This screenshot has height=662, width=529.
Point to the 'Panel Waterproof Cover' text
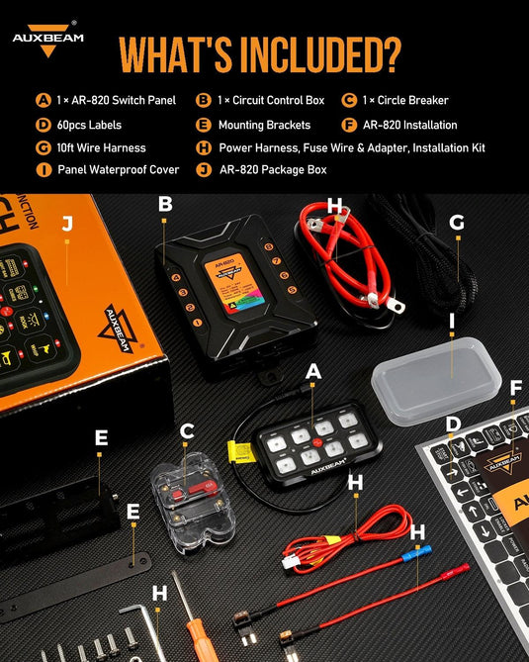point(118,170)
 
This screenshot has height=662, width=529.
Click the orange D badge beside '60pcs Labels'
point(43,125)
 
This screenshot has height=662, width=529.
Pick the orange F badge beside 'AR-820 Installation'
point(349,125)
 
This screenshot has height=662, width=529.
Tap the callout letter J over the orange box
point(66,224)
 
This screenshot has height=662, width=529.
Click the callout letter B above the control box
point(165,204)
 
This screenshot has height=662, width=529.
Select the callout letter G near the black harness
point(456,223)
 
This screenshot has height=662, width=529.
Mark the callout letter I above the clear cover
point(452,320)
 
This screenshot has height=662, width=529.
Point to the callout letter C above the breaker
point(186,430)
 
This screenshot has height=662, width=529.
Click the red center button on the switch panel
point(318,441)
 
